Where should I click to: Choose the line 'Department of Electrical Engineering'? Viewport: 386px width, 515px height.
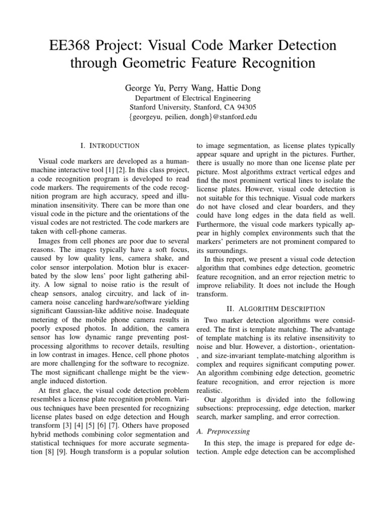click(x=193, y=98)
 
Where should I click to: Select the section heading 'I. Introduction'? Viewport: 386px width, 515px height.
click(x=110, y=146)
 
